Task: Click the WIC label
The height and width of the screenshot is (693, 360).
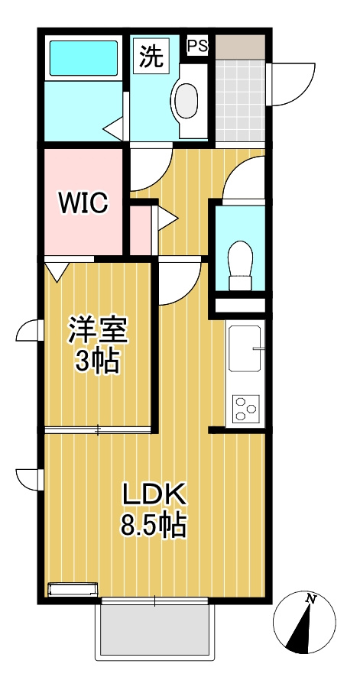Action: [84, 203]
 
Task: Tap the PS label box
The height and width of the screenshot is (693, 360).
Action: [197, 46]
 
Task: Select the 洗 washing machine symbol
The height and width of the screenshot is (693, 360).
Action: [151, 56]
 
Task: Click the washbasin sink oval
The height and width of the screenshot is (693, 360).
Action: [186, 99]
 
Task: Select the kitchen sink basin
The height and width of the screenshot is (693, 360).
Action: [245, 348]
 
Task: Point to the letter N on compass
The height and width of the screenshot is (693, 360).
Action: [310, 598]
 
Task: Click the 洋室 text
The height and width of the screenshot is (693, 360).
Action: [98, 331]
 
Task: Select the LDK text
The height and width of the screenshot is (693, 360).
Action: [155, 495]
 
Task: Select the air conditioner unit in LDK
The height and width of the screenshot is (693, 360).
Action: [73, 589]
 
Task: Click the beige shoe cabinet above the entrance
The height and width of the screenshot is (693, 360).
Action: [239, 46]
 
